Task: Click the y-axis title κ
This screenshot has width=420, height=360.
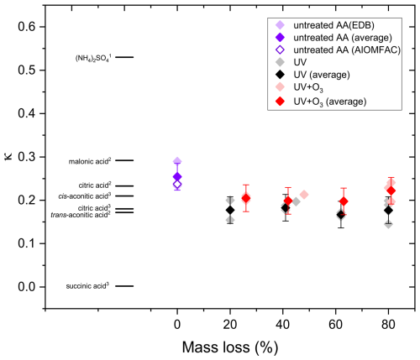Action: tap(12, 155)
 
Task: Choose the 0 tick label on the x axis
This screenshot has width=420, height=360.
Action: tap(177, 322)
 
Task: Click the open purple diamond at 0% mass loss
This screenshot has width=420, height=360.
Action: tap(177, 184)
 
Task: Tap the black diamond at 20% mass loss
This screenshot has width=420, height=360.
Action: tap(230, 210)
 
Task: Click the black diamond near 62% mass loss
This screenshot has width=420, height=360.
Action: tap(340, 215)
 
